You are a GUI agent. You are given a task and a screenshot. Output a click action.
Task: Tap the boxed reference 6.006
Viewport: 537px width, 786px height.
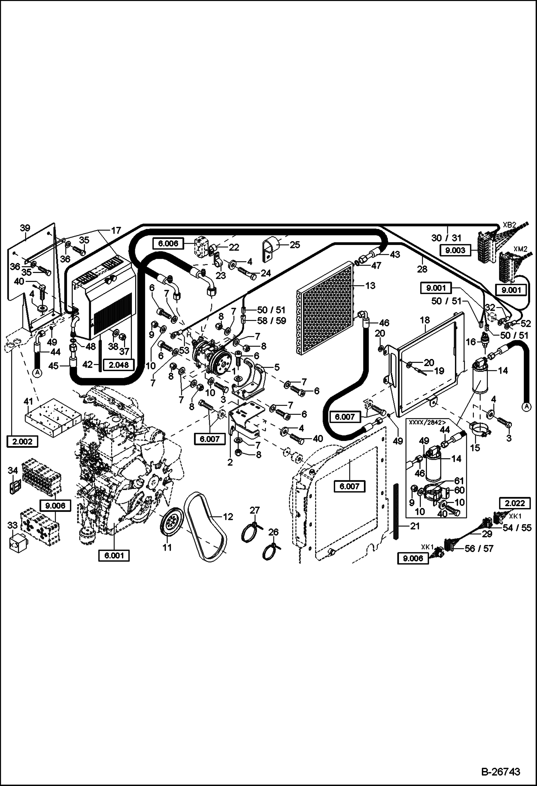pos(168,244)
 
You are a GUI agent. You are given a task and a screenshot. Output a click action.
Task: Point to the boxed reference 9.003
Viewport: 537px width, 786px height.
pos(456,250)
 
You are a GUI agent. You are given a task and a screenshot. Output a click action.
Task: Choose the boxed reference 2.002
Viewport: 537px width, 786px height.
pos(22,442)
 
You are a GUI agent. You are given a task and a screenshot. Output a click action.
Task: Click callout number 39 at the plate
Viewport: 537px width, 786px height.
pos(25,228)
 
